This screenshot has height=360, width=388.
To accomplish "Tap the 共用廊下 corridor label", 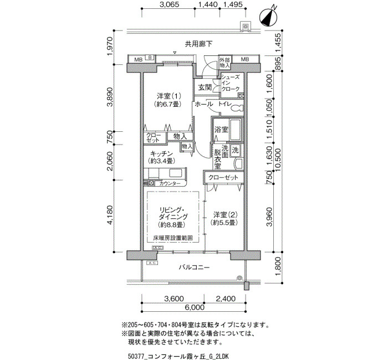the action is click(198, 44).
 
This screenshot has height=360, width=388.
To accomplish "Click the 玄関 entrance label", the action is click(205, 88).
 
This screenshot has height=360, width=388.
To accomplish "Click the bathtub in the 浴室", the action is click(236, 130).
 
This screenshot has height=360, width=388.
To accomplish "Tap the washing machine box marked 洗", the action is click(235, 150).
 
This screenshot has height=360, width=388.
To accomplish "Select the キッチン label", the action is click(162, 153).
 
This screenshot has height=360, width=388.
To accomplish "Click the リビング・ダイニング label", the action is click(172, 213).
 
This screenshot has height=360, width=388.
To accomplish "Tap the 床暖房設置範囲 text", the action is click(173, 238).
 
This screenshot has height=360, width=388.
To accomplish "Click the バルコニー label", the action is click(194, 268).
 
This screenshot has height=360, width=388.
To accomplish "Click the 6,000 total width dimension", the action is click(195, 307).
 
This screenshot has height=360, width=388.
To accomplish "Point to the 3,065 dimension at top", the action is click(169, 5).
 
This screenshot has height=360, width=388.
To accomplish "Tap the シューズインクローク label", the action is click(231, 83).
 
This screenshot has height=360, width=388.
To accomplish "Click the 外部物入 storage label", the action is click(224, 62).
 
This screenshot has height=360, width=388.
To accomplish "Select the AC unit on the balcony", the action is click(152, 263).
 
